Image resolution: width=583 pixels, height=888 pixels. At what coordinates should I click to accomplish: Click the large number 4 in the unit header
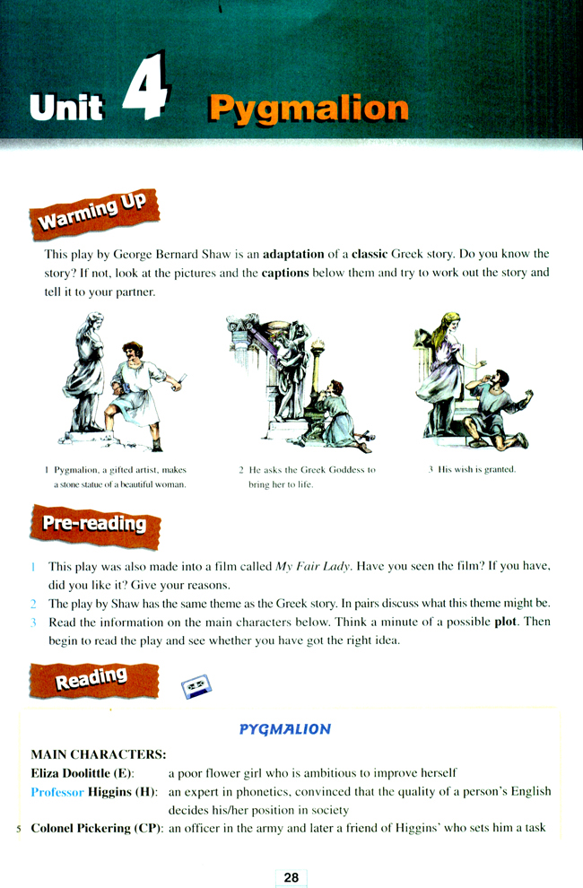coord(146,86)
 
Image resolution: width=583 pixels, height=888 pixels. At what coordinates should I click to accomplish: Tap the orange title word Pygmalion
coord(309,109)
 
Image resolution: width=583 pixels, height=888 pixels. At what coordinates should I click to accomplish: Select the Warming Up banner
coord(94,213)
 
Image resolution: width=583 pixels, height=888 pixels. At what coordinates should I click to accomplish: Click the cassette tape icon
coord(196,686)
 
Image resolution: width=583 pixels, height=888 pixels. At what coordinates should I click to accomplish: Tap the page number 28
coord(291,877)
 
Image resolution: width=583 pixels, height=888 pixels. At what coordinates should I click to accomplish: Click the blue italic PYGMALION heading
coord(285,729)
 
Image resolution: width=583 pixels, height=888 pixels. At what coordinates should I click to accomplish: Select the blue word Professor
coord(57,792)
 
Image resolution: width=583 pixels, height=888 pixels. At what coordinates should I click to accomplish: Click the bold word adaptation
coord(293,254)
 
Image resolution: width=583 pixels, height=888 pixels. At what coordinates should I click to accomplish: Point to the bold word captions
coord(285,273)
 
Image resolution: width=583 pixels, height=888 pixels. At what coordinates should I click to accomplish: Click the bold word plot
coord(505,622)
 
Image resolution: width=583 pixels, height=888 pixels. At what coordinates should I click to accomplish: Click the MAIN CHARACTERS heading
coord(99,754)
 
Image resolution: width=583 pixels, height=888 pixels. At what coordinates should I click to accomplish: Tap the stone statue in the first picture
coord(85,374)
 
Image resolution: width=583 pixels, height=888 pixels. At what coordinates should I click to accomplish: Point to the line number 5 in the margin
coord(19,829)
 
